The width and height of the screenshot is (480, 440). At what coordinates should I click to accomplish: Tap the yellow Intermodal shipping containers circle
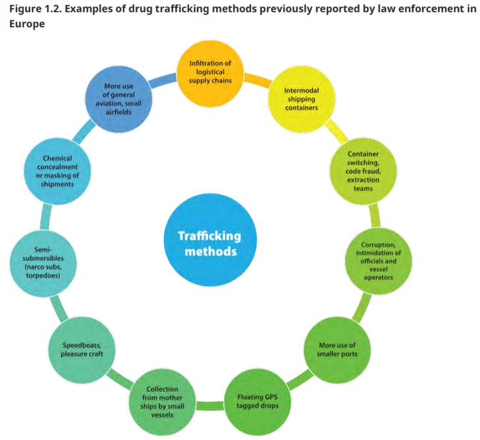coord(302,99)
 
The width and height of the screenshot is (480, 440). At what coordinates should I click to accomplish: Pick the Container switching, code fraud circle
coord(361,170)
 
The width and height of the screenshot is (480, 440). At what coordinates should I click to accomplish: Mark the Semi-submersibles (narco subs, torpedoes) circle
coord(42,263)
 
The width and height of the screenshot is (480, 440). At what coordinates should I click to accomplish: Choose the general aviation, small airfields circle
coord(119,99)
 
